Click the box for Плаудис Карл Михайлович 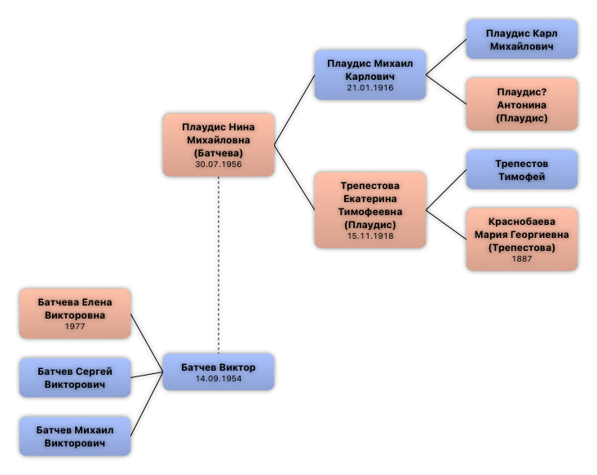521,39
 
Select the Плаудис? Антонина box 521,104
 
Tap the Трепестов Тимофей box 521,169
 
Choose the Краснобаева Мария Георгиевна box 521,239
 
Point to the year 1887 521,259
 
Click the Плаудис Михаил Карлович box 370,75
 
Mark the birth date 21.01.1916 370,88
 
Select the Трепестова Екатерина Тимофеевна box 370,209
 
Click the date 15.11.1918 370,236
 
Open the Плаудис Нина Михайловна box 219,144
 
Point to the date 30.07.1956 219,165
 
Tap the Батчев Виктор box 219,372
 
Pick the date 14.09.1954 219,379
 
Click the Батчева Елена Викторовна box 75,313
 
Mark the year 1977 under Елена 75,327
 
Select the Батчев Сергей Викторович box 75,377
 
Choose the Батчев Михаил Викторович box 75,436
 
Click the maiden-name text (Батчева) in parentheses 219,152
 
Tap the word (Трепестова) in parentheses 522,248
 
